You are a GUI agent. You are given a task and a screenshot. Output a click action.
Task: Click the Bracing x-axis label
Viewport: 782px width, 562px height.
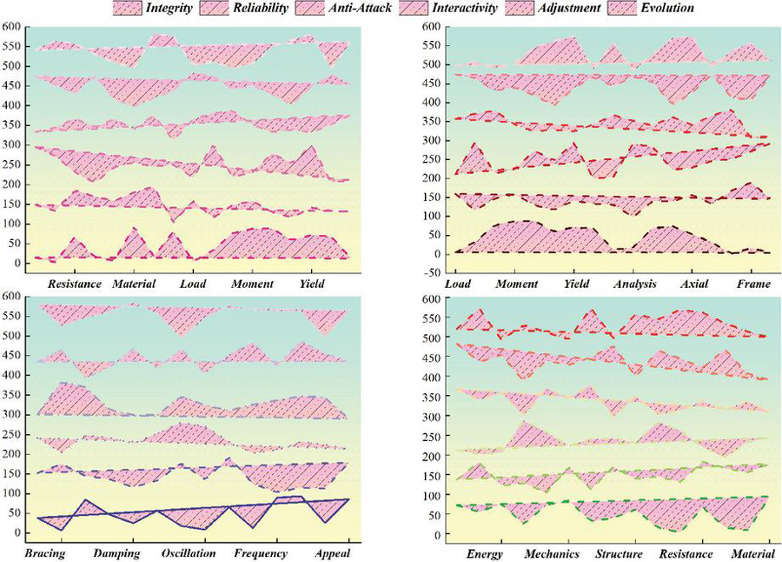click(46, 554)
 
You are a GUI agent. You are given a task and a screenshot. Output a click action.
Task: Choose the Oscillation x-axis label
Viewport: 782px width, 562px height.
click(189, 554)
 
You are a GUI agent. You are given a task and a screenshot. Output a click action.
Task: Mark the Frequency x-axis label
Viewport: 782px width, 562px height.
click(261, 554)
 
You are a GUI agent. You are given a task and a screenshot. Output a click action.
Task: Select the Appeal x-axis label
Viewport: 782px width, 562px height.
click(332, 554)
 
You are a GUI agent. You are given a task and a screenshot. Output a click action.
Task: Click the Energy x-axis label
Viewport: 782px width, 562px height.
click(485, 554)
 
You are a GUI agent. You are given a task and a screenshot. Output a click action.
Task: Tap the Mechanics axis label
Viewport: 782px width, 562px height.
click(551, 554)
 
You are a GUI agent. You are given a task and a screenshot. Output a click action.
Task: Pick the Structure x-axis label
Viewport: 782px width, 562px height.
click(619, 554)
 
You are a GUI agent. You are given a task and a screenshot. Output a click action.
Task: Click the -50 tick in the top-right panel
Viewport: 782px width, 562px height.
click(429, 271)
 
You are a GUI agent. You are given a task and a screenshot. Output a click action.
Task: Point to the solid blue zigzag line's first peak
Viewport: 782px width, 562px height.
click(84, 500)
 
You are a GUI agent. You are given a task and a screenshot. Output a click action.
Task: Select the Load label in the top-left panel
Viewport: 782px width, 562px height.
click(192, 284)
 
